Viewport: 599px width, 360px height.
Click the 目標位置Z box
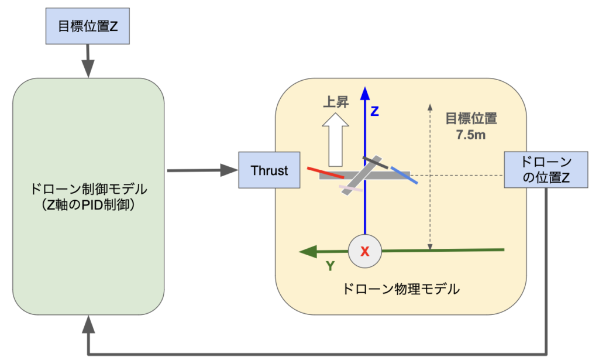tap(88, 26)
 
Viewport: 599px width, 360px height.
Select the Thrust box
tap(269, 170)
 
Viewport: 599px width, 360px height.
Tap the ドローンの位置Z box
tap(546, 170)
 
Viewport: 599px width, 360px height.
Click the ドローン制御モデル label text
tap(88, 189)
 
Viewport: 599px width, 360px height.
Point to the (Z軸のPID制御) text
tap(88, 205)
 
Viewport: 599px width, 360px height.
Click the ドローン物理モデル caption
tap(401, 289)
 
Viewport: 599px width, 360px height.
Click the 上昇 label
tap(336, 102)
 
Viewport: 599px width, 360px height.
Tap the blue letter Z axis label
tap(375, 111)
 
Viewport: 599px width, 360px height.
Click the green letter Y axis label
tap(331, 266)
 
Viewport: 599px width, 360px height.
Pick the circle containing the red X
tap(365, 251)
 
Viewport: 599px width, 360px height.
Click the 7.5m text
tap(471, 135)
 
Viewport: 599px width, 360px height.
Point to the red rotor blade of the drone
tap(326, 173)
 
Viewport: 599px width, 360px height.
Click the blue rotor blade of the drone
tap(404, 176)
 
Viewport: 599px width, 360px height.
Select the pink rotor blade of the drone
tap(351, 188)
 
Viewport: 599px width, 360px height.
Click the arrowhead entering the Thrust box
tap(229, 170)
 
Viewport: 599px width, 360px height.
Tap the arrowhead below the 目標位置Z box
tap(88, 69)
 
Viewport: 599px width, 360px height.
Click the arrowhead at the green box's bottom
tap(88, 324)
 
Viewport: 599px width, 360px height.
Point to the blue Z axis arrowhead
tap(365, 94)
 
